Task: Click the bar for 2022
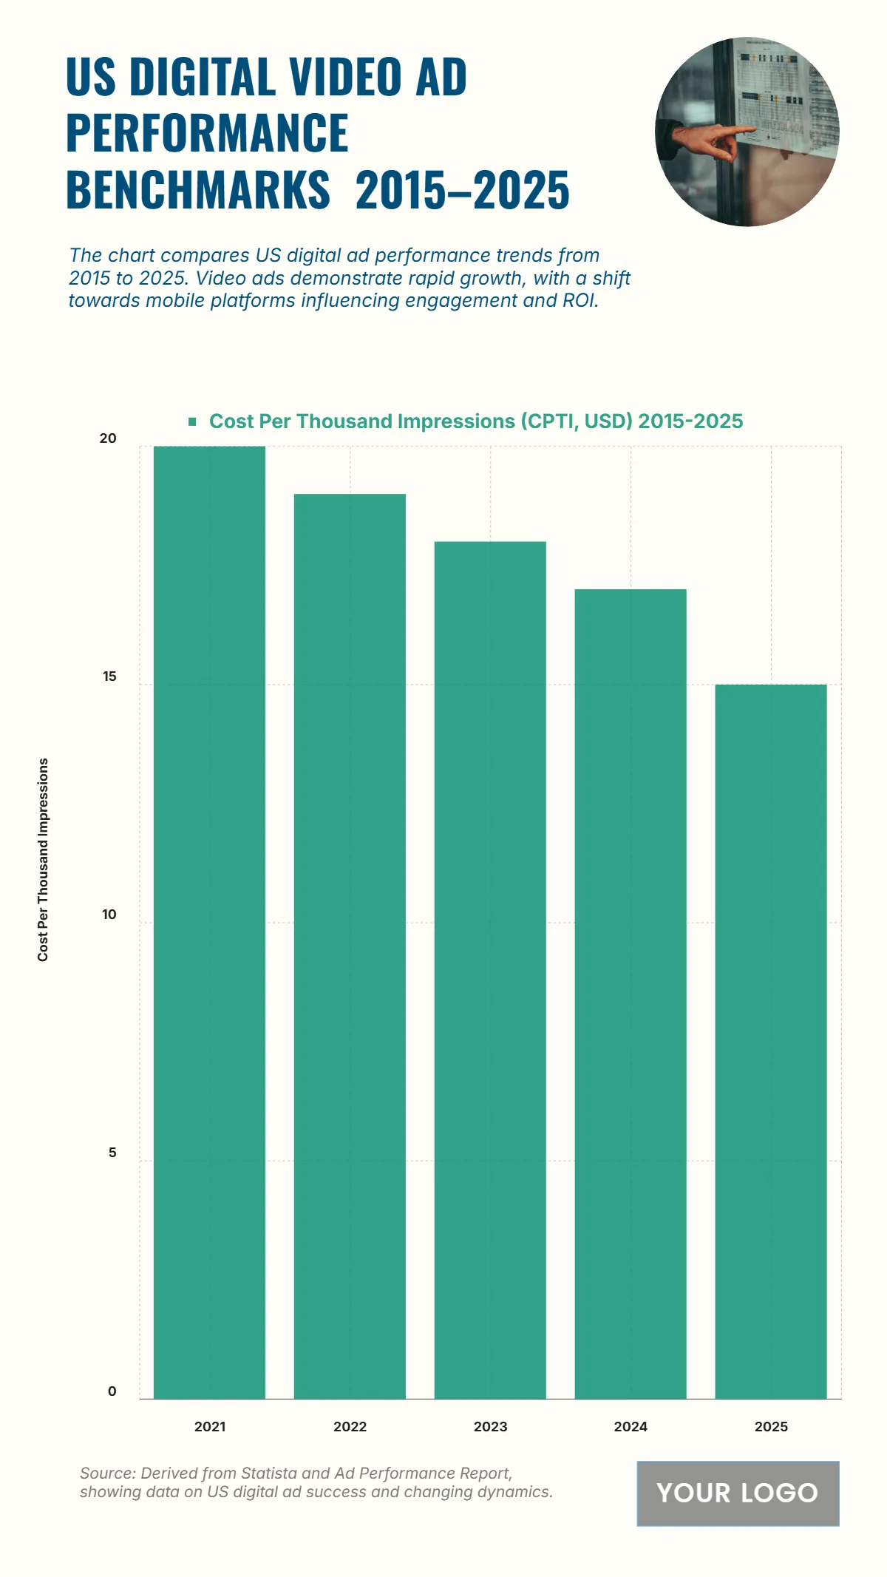(x=350, y=946)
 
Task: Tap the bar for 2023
(x=490, y=969)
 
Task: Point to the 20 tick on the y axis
(x=108, y=438)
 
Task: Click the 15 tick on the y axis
(x=109, y=676)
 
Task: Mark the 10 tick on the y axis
(x=109, y=915)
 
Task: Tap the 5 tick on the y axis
(x=112, y=1153)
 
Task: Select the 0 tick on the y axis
(x=112, y=1391)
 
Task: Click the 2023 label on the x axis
(x=490, y=1427)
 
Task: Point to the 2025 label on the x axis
(x=771, y=1427)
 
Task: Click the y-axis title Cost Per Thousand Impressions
(x=43, y=859)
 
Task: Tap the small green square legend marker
(x=192, y=421)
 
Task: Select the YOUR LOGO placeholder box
(x=738, y=1493)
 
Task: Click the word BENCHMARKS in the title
(x=198, y=190)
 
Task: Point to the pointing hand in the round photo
(x=713, y=140)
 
